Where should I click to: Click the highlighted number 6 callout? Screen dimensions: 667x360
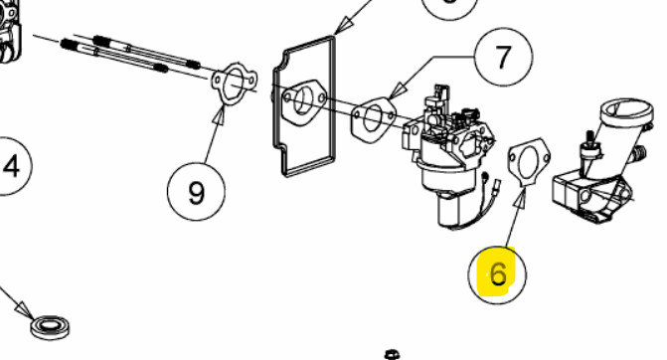coord(497,274)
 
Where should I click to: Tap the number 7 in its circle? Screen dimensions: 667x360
coord(504,56)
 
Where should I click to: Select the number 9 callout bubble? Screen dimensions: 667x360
coord(196,192)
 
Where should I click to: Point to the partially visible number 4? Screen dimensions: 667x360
coord(11,166)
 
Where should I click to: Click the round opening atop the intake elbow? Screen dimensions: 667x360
coord(625,109)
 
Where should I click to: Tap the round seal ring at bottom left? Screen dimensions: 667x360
coord(50,327)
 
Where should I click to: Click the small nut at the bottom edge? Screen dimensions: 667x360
coord(392,354)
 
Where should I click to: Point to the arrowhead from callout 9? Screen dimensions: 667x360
coord(220,114)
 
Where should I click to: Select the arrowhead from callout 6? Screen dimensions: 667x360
coord(523,197)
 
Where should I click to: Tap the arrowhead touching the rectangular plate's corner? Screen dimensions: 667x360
coord(342,26)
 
